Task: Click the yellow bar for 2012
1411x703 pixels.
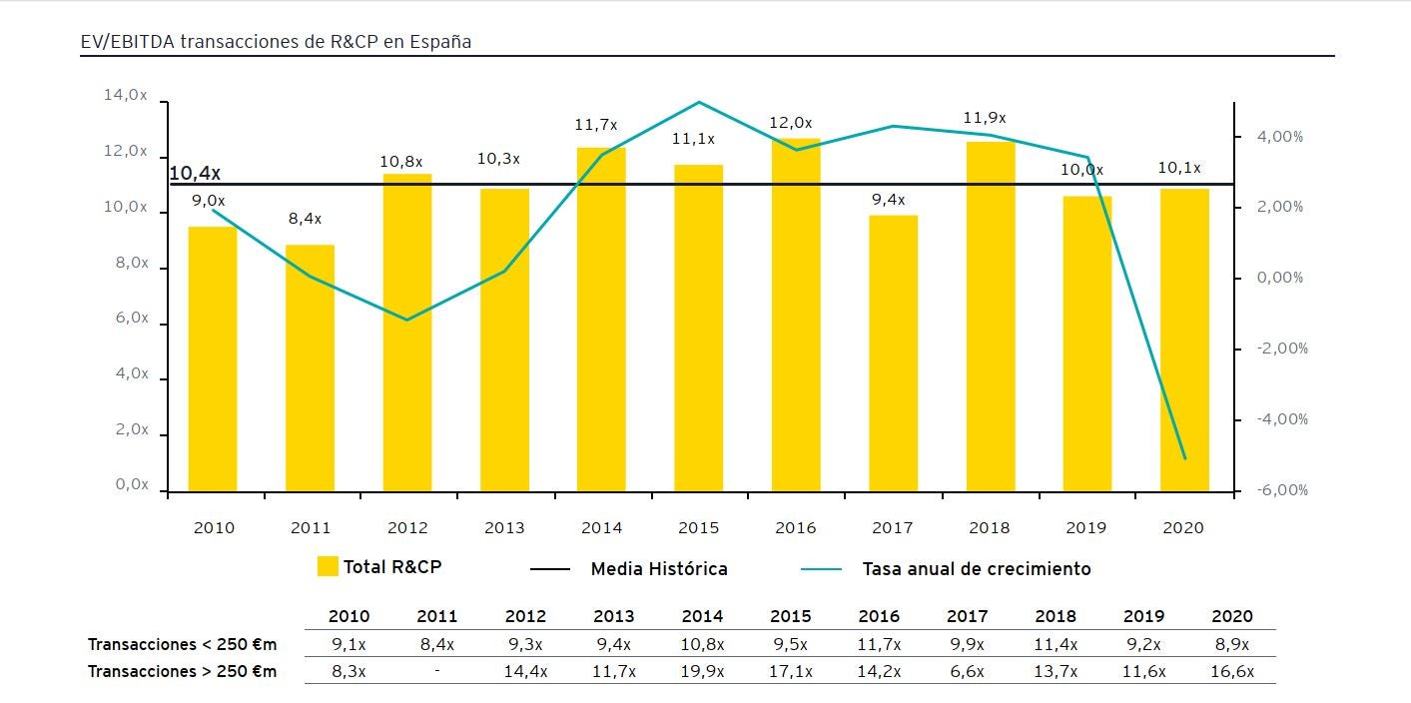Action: [x=407, y=333]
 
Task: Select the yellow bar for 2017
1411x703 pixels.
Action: [x=893, y=353]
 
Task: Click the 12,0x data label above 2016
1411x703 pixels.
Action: [x=791, y=123]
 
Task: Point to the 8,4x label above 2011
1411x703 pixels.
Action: [x=305, y=219]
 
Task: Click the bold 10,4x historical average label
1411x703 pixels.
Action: [x=195, y=174]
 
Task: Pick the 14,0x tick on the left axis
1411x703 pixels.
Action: [x=126, y=96]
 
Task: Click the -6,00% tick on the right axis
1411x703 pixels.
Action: [x=1283, y=490]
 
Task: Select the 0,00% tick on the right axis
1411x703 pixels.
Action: [x=1280, y=278]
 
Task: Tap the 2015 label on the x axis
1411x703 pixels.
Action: [x=698, y=527]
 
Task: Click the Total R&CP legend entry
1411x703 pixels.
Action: [x=379, y=567]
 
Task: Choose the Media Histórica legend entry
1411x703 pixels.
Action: [x=629, y=569]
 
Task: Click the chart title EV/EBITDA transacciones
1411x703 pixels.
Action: [x=276, y=42]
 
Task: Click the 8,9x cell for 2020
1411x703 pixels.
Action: [x=1231, y=644]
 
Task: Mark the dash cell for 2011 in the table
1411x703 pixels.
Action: [x=437, y=671]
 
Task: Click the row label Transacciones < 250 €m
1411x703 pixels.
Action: [x=182, y=644]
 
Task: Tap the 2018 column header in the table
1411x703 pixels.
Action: [x=1056, y=616]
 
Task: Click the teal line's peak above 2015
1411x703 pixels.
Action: [x=698, y=102]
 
